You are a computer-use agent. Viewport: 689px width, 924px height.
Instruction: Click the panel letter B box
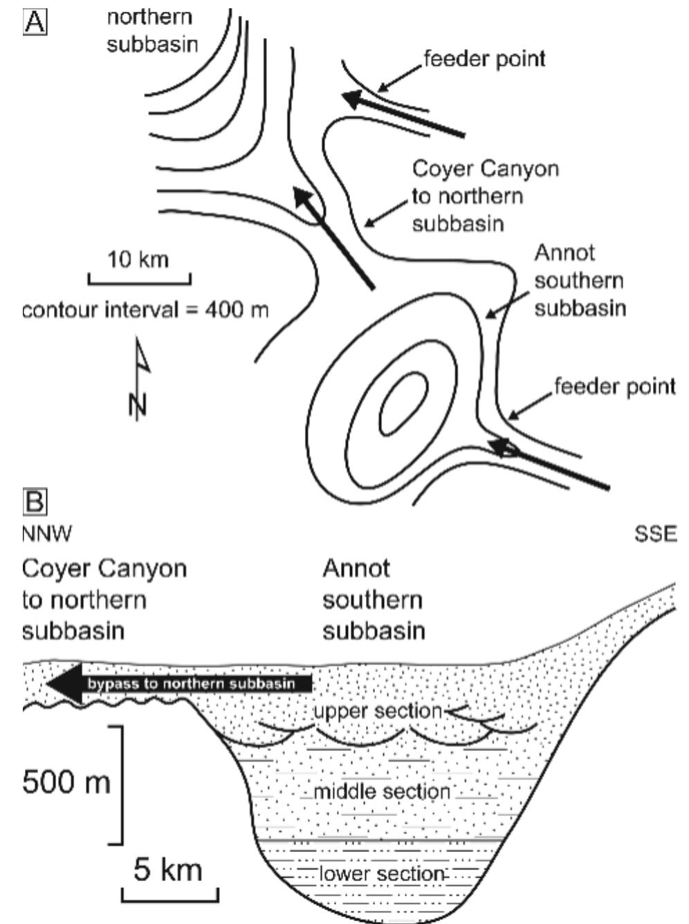[35, 502]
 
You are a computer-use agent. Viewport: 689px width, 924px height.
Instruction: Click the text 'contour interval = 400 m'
[145, 310]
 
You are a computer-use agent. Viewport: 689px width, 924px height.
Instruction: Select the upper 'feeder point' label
[484, 59]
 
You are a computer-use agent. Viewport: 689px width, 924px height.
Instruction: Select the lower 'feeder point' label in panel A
[614, 386]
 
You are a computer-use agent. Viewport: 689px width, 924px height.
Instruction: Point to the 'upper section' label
[376, 711]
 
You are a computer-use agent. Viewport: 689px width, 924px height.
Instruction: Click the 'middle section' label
[382, 791]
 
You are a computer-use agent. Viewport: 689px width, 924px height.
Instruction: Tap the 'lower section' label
[381, 874]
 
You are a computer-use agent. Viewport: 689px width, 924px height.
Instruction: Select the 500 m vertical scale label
[66, 783]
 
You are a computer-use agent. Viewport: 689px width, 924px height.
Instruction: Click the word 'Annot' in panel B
[356, 569]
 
